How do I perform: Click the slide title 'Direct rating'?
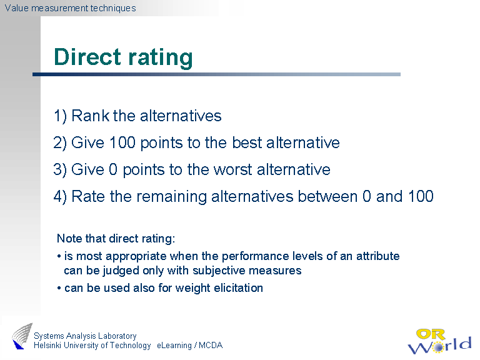pos(123,57)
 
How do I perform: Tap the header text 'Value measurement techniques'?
pos(69,8)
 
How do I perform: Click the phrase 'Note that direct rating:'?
pos(116,238)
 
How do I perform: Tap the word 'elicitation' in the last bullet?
pos(237,287)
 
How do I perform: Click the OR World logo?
pos(440,339)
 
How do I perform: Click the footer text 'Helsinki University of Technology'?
pos(92,346)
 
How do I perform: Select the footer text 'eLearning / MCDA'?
pos(189,346)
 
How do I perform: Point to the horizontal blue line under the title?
pos(216,74)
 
